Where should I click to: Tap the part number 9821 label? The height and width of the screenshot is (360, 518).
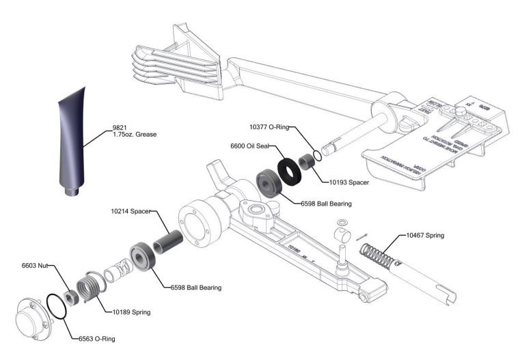tap(122, 127)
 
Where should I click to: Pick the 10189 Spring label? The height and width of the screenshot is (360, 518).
tap(131, 312)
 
